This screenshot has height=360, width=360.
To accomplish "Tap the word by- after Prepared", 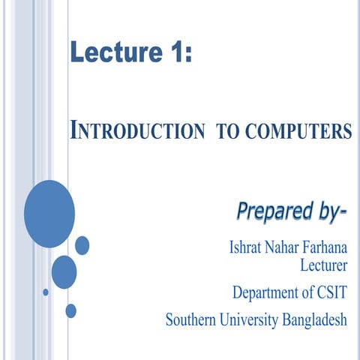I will click(328, 212).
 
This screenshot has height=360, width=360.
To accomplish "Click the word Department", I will click(266, 292).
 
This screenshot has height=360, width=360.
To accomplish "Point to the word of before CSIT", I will click(310, 292).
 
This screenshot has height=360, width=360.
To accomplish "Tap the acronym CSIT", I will click(334, 292).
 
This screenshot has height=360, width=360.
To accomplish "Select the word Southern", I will click(193, 320).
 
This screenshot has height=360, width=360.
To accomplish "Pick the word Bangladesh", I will click(315, 320).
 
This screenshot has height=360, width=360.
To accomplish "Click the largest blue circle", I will click(49, 214).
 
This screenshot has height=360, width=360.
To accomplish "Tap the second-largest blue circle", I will click(64, 271).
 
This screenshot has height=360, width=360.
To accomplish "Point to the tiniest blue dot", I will click(46, 292).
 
